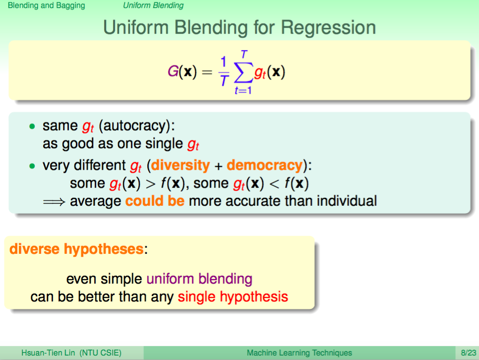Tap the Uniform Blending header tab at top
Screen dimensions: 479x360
(153, 5)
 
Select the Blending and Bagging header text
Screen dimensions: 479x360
(47, 5)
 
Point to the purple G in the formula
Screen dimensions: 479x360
(173, 71)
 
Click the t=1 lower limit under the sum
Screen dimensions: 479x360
(243, 90)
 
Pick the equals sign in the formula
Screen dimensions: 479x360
(207, 72)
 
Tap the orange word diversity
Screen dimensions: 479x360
(180, 165)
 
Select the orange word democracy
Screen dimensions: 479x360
(265, 165)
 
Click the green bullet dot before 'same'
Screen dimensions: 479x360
(32, 126)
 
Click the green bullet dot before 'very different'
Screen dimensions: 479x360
(32, 166)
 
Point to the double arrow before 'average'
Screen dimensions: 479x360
(54, 202)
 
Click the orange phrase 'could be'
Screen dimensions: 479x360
(155, 201)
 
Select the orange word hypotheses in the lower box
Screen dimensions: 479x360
(104, 249)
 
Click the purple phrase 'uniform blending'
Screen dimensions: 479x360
(199, 279)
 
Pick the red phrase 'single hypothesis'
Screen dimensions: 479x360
(233, 297)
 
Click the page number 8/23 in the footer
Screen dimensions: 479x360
(468, 353)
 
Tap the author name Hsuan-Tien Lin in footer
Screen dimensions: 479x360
(48, 353)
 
